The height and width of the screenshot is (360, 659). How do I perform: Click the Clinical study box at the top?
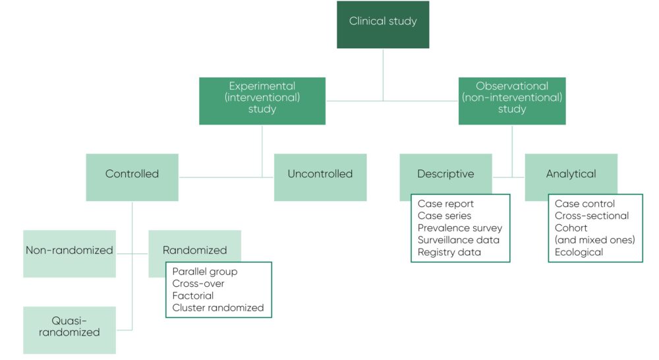click(383, 21)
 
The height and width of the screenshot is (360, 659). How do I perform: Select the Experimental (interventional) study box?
click(262, 98)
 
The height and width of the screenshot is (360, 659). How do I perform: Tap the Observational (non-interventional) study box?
click(512, 98)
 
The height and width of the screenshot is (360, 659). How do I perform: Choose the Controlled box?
click(132, 174)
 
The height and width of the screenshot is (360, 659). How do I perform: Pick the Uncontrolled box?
click(320, 174)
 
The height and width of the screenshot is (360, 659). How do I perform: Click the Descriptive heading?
click(445, 174)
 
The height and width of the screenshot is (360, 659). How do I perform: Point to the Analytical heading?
click(571, 174)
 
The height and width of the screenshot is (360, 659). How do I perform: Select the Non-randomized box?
click(69, 251)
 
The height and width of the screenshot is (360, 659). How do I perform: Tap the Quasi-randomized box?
click(69, 326)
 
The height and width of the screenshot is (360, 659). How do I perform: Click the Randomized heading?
click(194, 251)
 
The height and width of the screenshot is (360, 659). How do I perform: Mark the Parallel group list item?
click(204, 272)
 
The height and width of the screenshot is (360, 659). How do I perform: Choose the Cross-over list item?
click(198, 284)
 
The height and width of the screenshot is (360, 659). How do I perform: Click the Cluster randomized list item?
click(217, 308)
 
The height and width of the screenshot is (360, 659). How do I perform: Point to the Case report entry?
click(445, 204)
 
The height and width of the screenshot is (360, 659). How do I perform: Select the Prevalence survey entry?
click(459, 228)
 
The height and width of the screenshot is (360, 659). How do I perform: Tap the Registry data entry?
click(449, 252)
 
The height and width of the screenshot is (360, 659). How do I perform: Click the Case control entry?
click(585, 204)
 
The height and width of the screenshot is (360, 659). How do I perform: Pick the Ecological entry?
click(579, 252)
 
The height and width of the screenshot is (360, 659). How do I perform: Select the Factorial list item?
click(192, 296)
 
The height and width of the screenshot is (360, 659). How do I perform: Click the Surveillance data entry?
click(458, 240)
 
